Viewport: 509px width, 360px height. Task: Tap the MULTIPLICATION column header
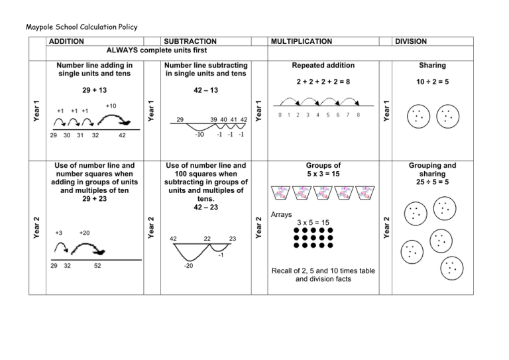[x=301, y=41]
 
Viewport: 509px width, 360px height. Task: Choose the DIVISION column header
[x=412, y=41]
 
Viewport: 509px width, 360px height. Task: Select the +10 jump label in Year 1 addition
[x=112, y=105]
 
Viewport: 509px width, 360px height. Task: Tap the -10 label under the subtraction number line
[x=199, y=135]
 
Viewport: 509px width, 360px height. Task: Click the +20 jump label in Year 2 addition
[x=85, y=233]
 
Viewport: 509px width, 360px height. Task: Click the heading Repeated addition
[x=323, y=66]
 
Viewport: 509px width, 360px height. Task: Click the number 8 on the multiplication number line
[x=358, y=114]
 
